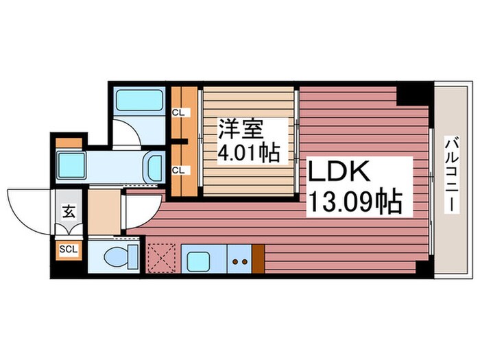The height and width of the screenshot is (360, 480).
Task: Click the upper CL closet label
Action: [x=177, y=112]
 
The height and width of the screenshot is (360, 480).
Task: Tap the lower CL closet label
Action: [x=177, y=169]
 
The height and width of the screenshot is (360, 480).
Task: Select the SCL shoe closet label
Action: [x=69, y=249]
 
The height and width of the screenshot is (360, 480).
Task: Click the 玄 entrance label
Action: [x=69, y=211]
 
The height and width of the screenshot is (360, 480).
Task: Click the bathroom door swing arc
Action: [x=128, y=132]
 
